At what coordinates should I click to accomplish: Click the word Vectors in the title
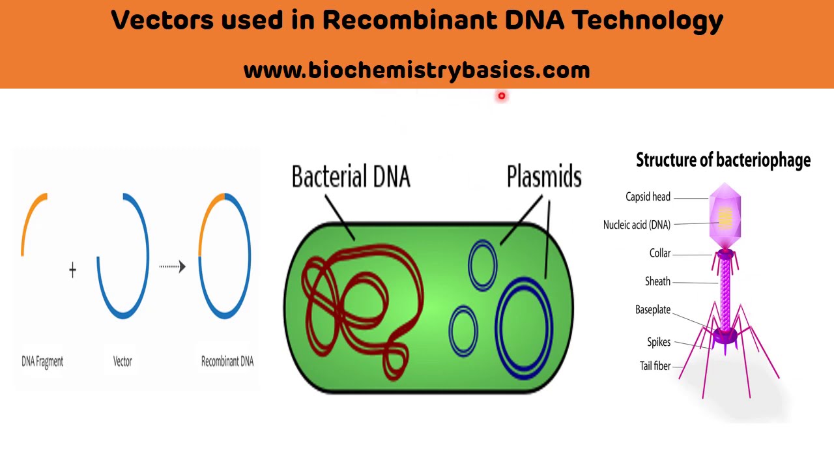point(162,20)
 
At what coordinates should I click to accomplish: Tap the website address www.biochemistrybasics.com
point(416,70)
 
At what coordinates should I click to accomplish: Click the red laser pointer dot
point(502,96)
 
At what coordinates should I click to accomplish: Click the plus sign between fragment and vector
point(72,270)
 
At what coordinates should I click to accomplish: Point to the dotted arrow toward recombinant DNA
point(172,266)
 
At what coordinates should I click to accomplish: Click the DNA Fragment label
point(42,362)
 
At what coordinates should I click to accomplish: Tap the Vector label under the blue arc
point(122,362)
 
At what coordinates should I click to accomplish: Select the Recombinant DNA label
point(227,362)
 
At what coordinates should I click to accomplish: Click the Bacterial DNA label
point(351,177)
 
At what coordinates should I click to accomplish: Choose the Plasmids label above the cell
point(544,177)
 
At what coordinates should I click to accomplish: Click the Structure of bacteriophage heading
point(723,160)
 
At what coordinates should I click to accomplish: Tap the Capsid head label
point(648,197)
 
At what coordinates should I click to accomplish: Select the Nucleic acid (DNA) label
point(637,225)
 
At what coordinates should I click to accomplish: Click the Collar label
point(659,253)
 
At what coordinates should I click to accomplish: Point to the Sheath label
point(657,281)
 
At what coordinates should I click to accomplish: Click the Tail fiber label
point(655,366)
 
